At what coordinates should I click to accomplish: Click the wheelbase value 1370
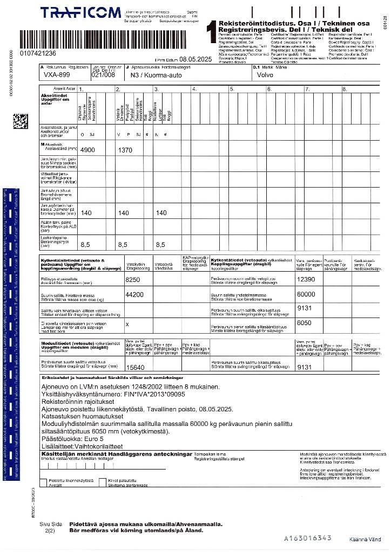tap(125, 150)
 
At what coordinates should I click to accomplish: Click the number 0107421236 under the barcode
tap(37, 53)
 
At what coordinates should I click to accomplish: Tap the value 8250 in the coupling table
tap(132, 280)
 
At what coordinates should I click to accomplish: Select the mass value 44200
tap(134, 295)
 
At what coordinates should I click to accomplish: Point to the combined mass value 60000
tap(306, 294)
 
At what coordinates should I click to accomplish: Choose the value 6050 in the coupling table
tap(304, 322)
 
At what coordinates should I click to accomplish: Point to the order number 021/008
tap(103, 75)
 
